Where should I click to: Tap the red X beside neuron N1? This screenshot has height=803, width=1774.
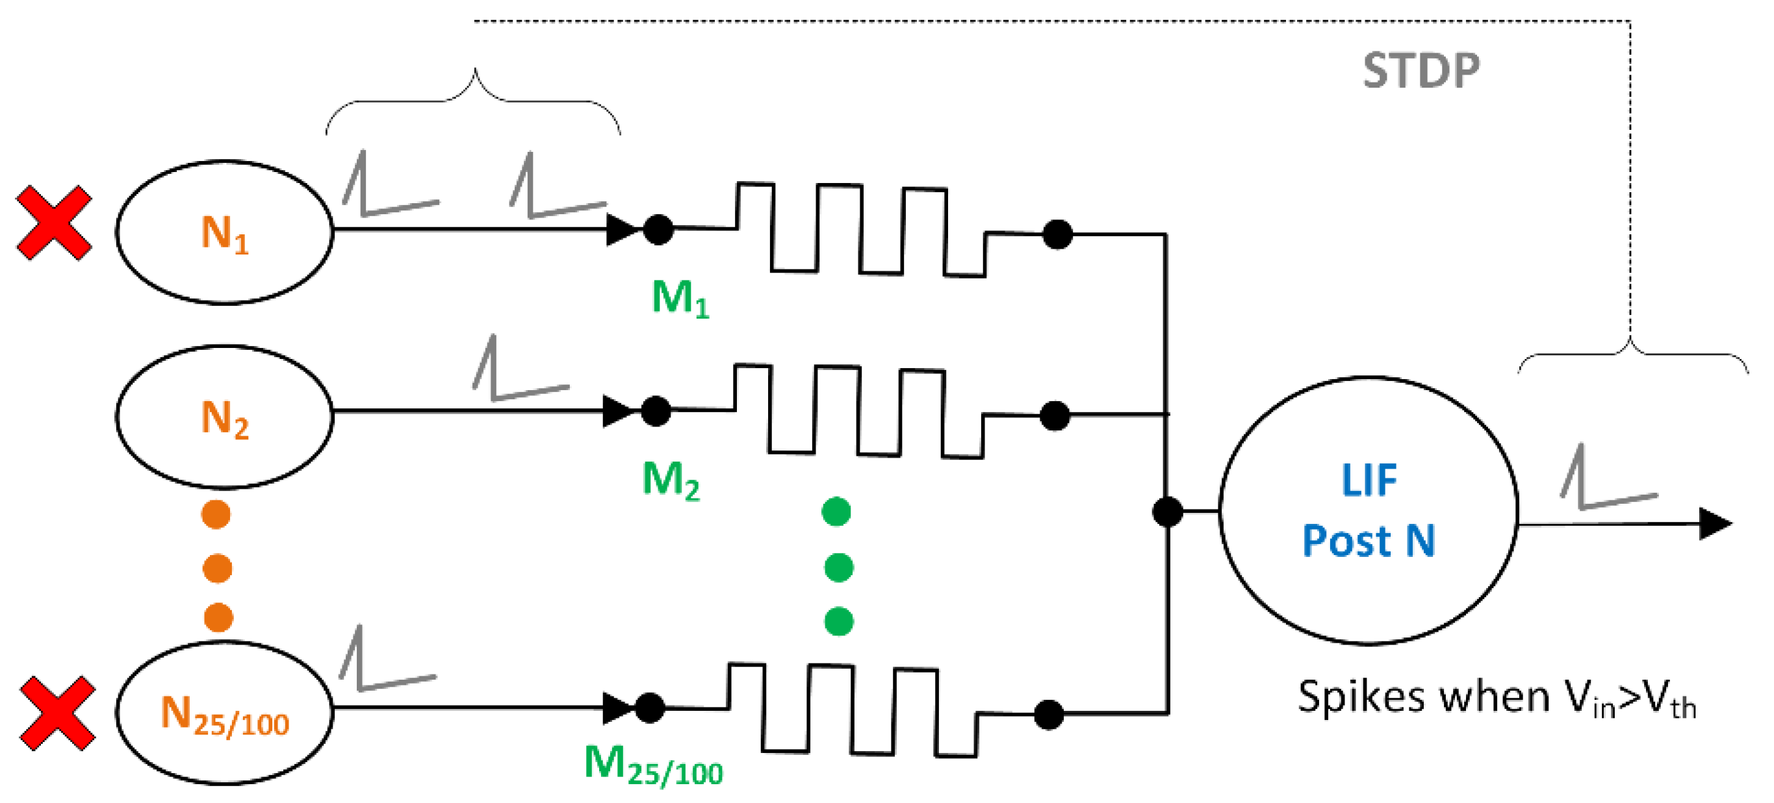54,222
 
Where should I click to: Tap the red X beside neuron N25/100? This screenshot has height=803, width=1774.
57,713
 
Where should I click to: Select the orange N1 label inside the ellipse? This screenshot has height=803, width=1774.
224,233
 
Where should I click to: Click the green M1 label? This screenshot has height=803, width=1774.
680,299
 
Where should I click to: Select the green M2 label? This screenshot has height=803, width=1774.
671,480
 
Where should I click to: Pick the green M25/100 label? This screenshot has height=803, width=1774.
653,765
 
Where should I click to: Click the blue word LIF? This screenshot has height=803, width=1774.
1369,480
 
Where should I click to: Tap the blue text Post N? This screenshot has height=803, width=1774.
1369,541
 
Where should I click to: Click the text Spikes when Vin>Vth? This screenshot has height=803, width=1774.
1496,698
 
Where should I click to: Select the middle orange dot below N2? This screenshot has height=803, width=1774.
218,569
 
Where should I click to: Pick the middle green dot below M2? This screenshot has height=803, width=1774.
838,567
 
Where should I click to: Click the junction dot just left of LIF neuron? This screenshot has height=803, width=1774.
1167,512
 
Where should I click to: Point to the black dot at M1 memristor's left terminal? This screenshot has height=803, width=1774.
658,229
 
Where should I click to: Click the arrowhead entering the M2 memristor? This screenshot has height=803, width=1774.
617,412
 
